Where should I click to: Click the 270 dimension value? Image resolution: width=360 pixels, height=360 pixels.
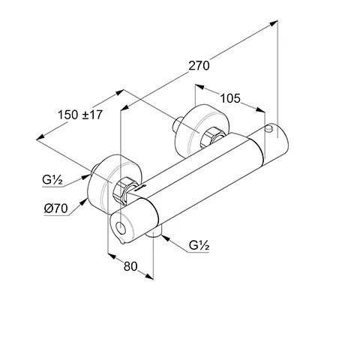coord(198,65)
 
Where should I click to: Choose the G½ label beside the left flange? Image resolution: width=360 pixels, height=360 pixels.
coord(52,181)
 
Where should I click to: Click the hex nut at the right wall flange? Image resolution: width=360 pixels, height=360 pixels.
coord(211,136)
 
